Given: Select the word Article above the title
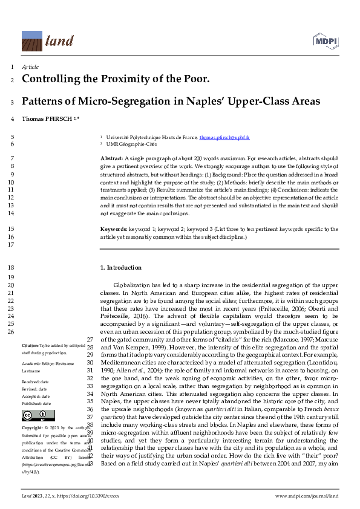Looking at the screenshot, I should (x=30, y=67).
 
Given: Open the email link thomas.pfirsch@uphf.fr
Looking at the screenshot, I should (x=228, y=138).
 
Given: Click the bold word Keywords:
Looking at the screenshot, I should (x=114, y=230).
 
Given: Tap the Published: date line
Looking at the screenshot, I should (x=36, y=403).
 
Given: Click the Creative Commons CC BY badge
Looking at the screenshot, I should (x=34, y=415).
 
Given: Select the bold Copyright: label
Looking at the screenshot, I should (x=34, y=427).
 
